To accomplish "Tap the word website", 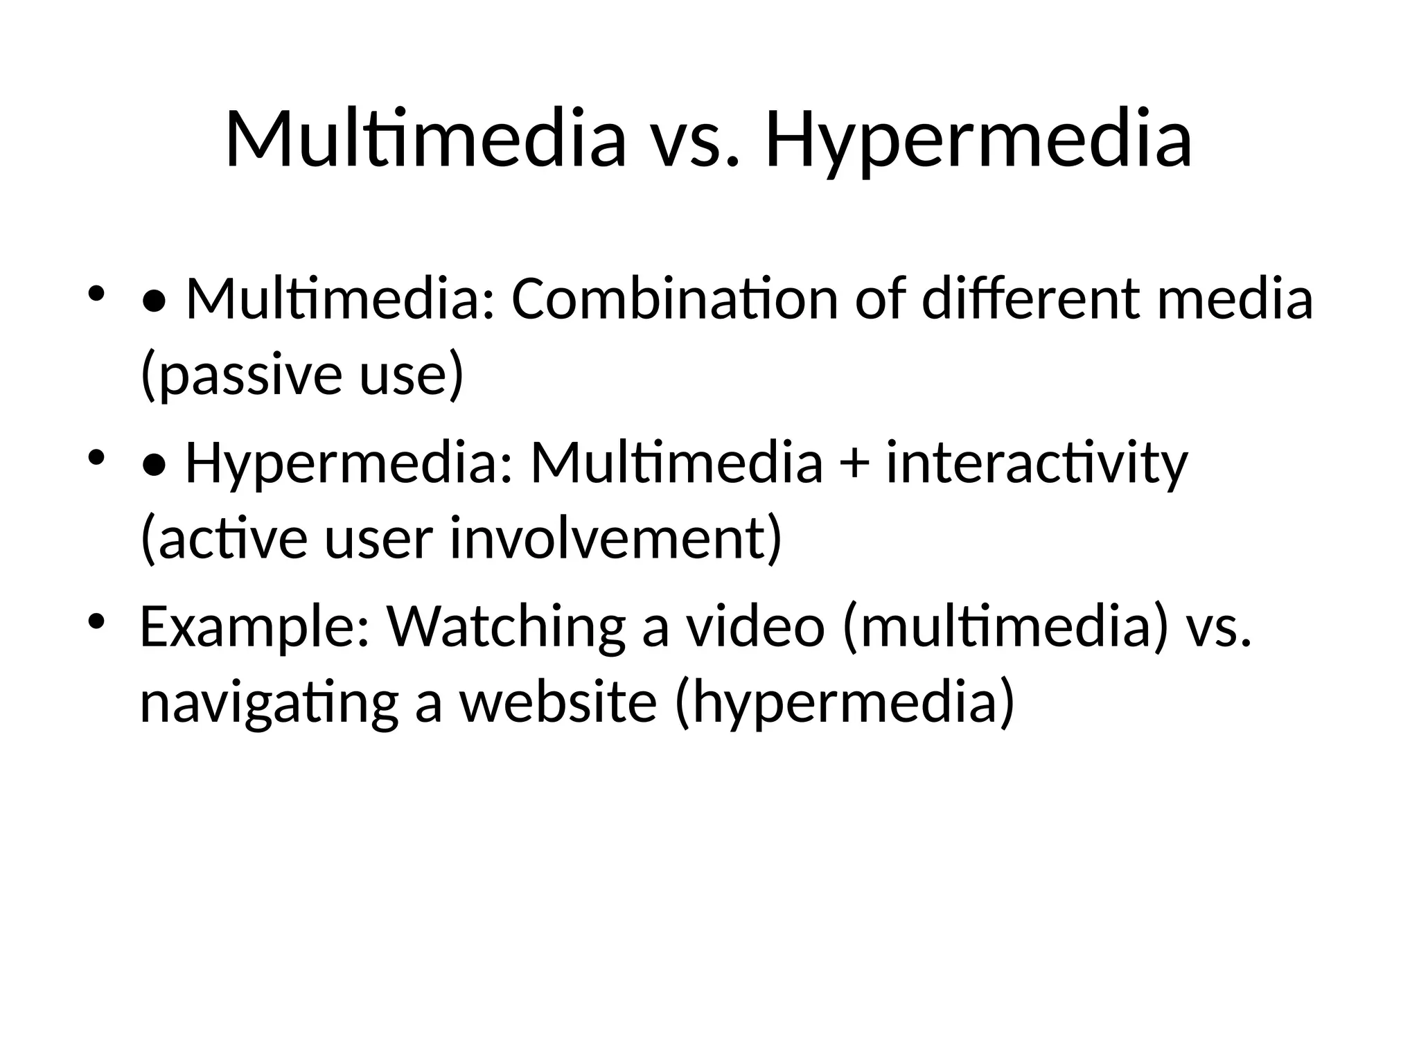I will pyautogui.click(x=558, y=702).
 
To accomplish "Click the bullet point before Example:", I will pyautogui.click(x=96, y=618).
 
